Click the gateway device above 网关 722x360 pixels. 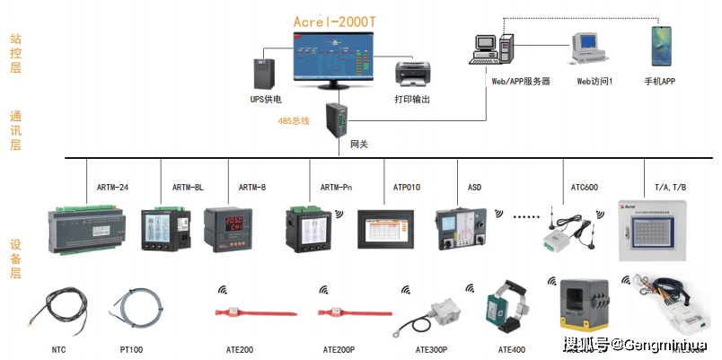[338, 119]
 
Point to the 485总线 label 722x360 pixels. [294, 120]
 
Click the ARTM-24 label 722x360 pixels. [112, 188]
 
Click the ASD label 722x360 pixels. [474, 188]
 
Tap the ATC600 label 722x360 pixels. [585, 188]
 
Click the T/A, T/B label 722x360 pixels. [670, 188]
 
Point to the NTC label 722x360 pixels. [59, 349]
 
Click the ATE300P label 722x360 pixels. [431, 349]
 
